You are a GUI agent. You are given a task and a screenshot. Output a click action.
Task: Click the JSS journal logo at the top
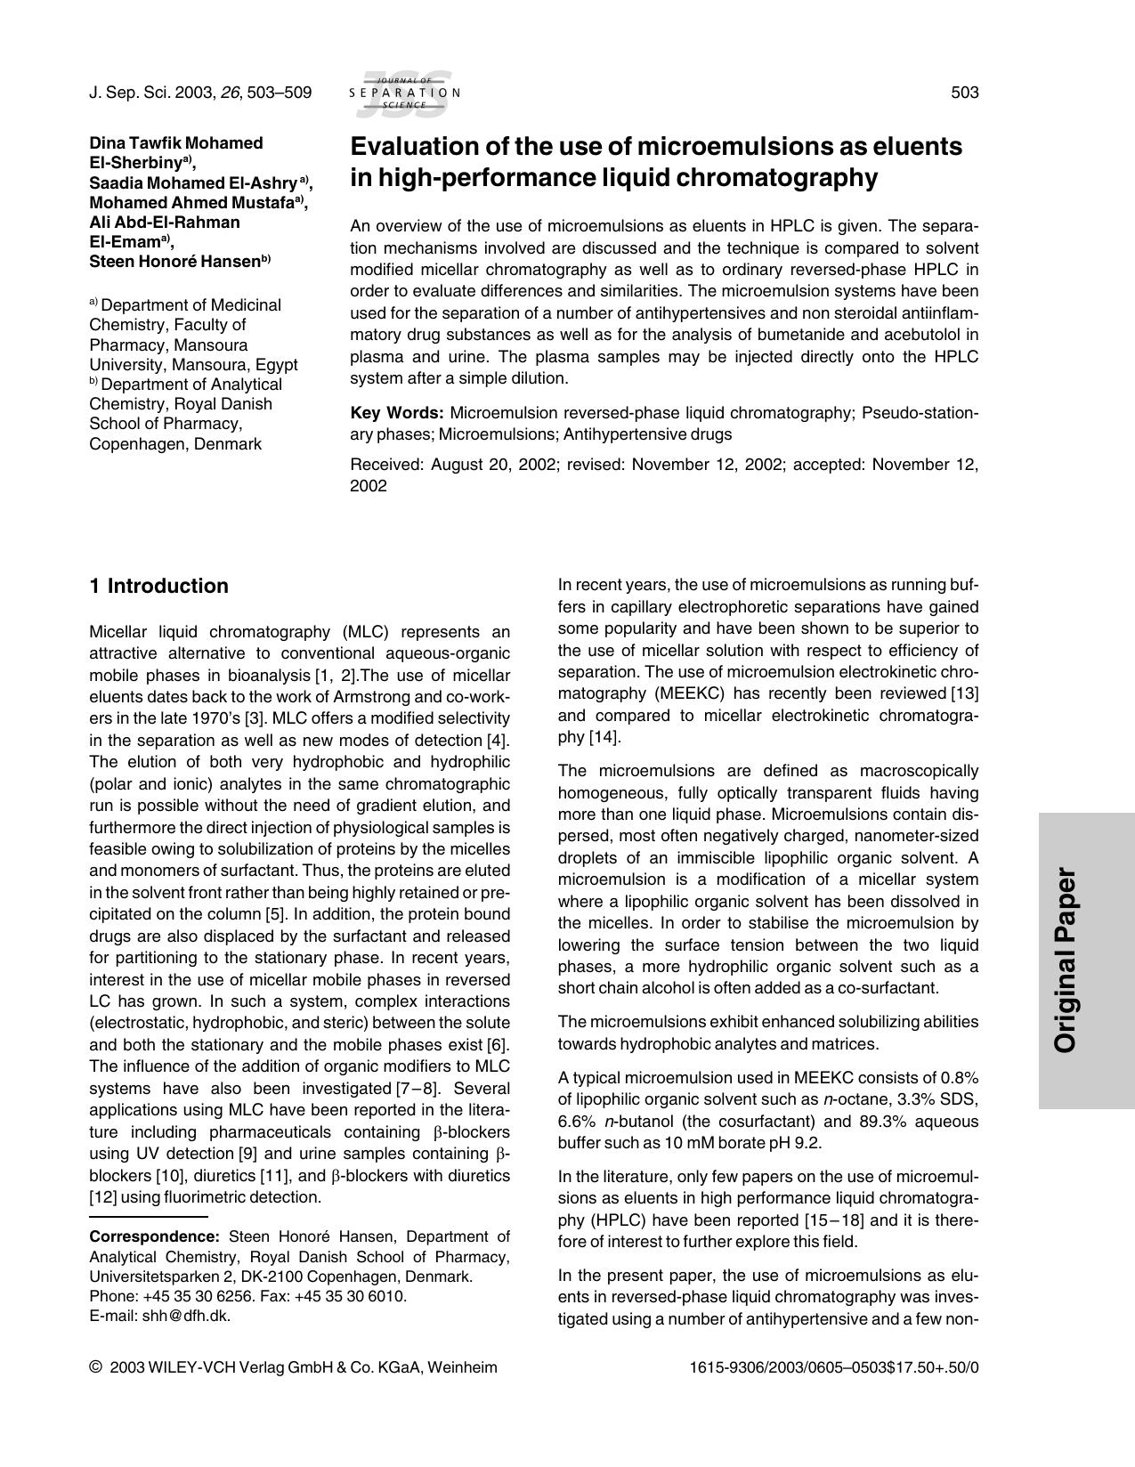pyautogui.click(x=405, y=93)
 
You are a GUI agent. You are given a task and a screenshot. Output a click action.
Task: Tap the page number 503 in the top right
pyautogui.click(x=964, y=93)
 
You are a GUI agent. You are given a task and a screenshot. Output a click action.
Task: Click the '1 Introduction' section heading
pyautogui.click(x=158, y=586)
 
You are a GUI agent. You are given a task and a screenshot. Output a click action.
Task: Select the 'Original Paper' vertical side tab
pyautogui.click(x=1066, y=960)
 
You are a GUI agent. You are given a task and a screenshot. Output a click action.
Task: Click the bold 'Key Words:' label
pyautogui.click(x=396, y=413)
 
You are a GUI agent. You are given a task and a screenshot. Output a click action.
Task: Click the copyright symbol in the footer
pyautogui.click(x=96, y=1367)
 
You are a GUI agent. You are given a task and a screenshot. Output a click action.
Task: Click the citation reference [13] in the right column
pyautogui.click(x=964, y=693)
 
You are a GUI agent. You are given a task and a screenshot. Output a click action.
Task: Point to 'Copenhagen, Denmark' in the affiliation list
pyautogui.click(x=175, y=443)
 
